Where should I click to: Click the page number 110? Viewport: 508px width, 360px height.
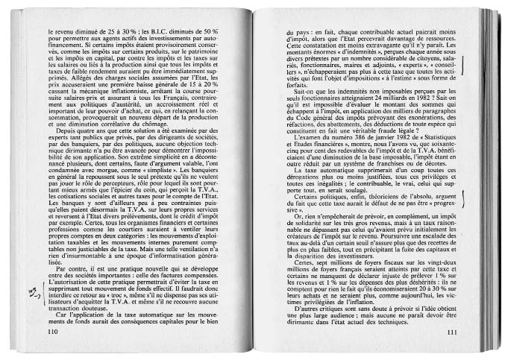click(x=51, y=332)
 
